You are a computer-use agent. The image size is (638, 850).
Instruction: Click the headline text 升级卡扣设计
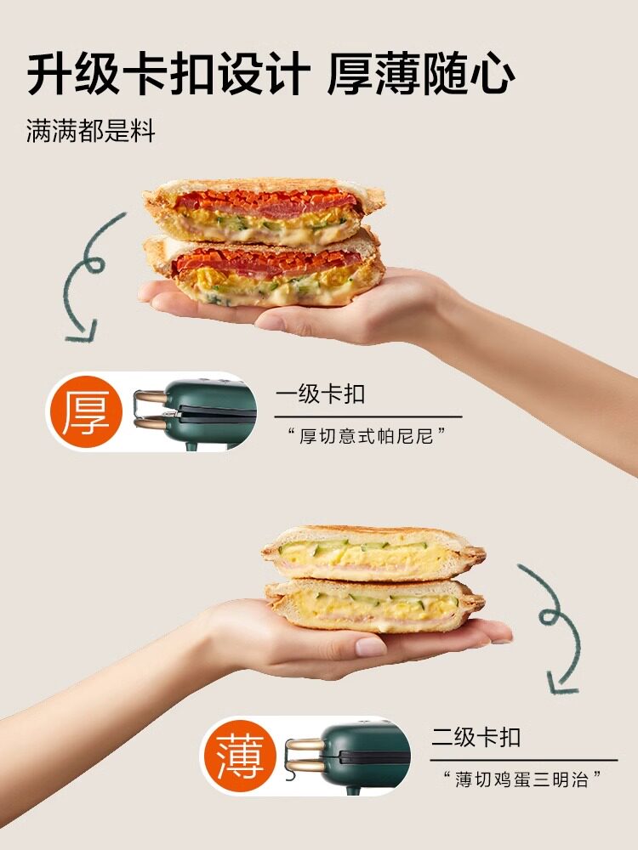(168, 74)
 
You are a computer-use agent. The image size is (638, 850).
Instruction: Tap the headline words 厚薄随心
(420, 74)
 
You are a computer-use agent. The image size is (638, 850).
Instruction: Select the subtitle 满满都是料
(91, 132)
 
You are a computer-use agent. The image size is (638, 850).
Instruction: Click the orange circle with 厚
(84, 412)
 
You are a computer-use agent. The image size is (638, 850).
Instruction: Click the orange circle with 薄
(241, 756)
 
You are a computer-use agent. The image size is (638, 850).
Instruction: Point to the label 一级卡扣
(320, 394)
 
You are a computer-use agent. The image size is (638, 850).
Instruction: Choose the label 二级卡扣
(476, 737)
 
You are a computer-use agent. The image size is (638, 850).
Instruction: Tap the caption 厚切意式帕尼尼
(367, 436)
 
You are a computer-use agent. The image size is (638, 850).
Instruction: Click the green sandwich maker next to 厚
(209, 413)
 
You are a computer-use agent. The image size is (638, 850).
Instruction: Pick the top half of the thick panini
(265, 210)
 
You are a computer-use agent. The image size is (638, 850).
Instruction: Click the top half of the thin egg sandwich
(373, 553)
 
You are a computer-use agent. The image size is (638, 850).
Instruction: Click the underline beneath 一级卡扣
(368, 416)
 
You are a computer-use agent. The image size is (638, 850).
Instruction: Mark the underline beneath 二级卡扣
(524, 760)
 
